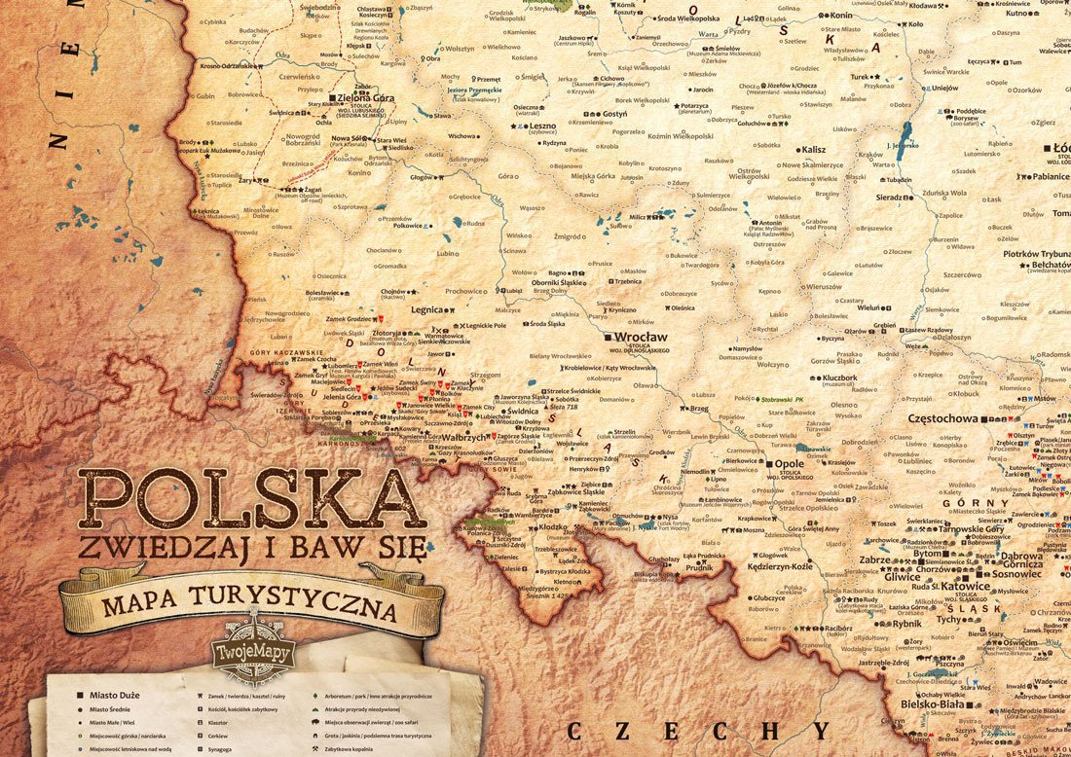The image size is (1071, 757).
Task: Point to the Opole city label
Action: (788, 464)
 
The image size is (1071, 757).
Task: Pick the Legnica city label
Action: (426, 309)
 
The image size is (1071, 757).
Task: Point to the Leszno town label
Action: (542, 126)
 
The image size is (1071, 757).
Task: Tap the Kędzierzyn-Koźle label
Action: (779, 565)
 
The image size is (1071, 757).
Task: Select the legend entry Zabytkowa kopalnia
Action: (363, 750)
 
